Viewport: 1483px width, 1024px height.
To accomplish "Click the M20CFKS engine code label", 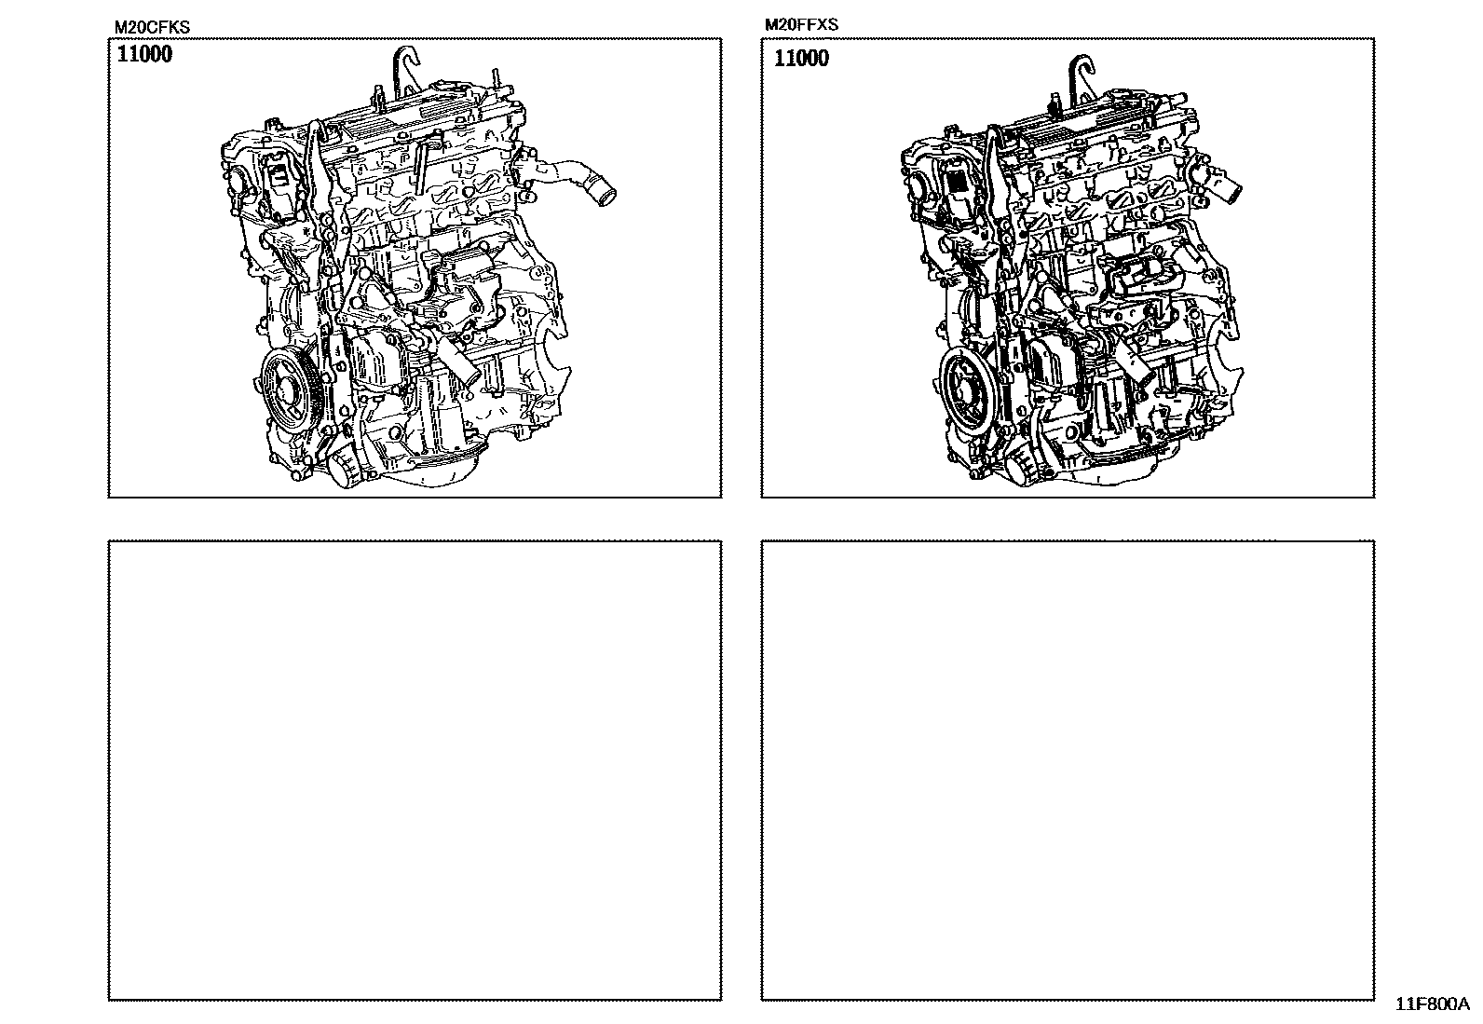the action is click(152, 27).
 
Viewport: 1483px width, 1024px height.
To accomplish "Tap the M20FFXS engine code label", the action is click(801, 24).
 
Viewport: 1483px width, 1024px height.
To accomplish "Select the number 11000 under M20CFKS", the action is click(144, 54).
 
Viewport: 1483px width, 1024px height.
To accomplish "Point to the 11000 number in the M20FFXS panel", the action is click(801, 59).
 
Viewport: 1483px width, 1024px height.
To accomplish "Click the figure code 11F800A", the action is click(1432, 1004).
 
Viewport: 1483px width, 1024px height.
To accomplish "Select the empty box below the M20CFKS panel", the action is click(415, 771).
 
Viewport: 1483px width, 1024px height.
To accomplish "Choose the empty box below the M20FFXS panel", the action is click(1068, 771).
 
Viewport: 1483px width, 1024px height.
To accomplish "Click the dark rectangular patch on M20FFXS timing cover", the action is click(959, 182).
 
